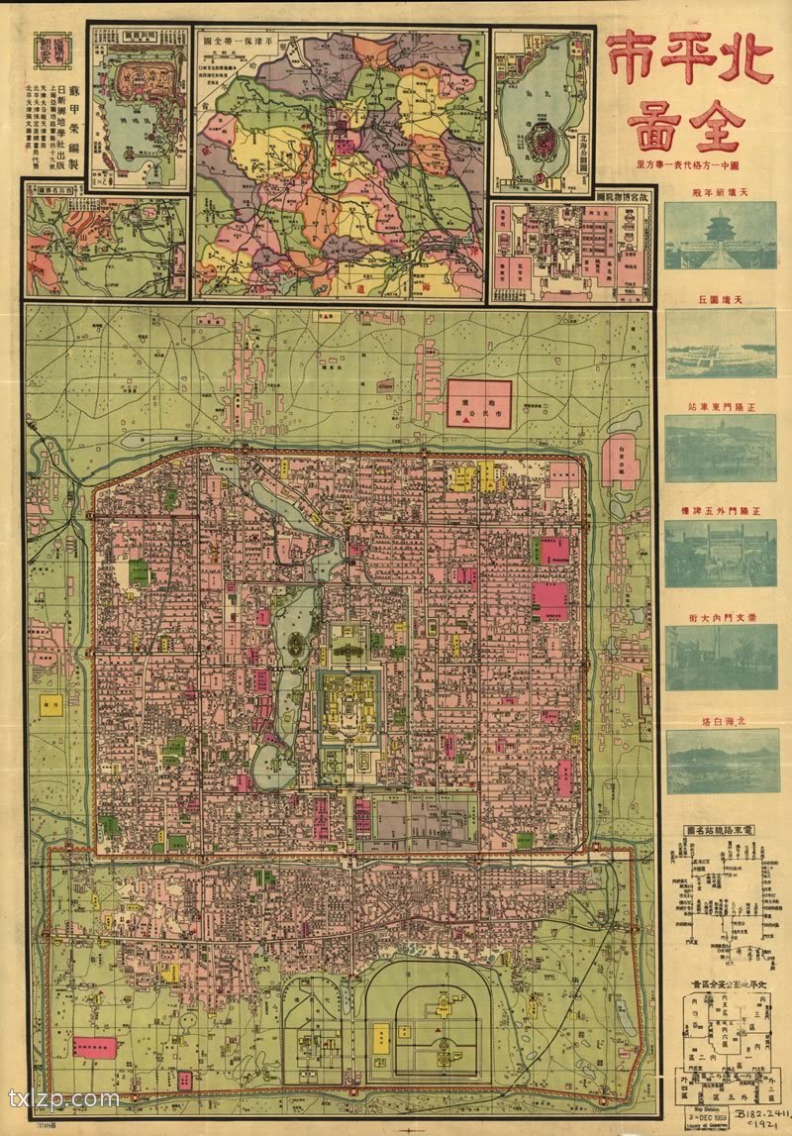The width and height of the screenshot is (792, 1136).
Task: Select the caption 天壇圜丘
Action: pyautogui.click(x=720, y=298)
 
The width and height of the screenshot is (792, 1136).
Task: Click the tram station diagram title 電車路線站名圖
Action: pyautogui.click(x=721, y=828)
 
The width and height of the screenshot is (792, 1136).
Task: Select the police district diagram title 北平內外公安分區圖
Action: pyautogui.click(x=721, y=984)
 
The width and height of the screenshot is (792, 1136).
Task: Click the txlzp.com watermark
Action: pyautogui.click(x=64, y=1099)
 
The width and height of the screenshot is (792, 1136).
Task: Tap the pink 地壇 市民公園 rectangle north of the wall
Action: pyautogui.click(x=479, y=403)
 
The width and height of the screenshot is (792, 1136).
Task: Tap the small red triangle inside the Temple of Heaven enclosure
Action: pyautogui.click(x=438, y=1032)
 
